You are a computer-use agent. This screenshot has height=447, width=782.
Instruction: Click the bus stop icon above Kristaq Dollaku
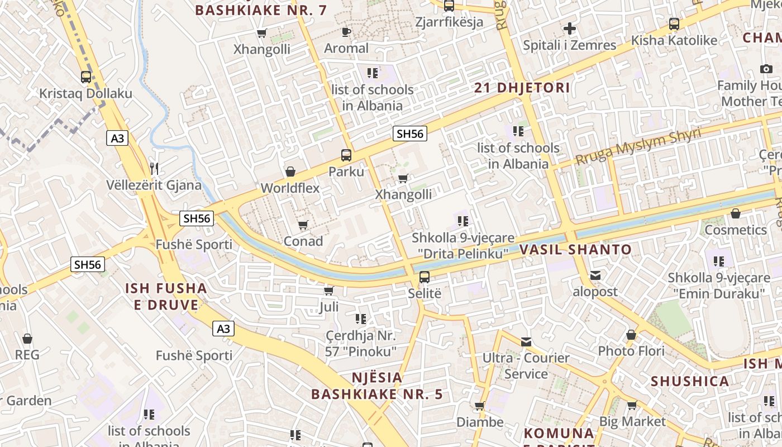pos(85,77)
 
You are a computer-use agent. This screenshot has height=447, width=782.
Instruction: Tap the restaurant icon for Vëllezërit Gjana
pos(154,168)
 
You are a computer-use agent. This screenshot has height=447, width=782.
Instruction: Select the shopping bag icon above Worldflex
pos(290,172)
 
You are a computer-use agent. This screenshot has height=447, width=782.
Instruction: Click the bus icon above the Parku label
pos(346,155)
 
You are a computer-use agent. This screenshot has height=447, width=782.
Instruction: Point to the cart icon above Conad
pos(303,225)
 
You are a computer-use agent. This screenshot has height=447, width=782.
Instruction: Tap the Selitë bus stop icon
pos(425,277)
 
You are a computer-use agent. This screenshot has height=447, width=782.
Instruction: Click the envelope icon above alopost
pos(595,275)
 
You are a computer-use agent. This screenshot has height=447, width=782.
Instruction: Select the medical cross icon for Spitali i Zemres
pos(569,28)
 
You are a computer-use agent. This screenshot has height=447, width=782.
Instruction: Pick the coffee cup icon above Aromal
pos(346,32)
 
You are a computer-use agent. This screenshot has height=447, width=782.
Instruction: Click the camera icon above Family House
pos(766,69)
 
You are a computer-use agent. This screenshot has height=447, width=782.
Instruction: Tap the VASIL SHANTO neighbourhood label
pos(575,250)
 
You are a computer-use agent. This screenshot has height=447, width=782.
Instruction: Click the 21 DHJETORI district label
pos(522,88)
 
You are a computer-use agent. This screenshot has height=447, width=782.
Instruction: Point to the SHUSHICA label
pos(690,382)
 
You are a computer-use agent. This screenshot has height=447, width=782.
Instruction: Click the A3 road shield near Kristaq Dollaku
pos(117,138)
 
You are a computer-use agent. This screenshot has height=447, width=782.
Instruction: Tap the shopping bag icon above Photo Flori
pos(631,335)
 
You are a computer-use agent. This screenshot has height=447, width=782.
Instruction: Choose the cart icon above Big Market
pos(632,405)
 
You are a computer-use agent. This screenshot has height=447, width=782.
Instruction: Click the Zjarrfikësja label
pos(449,22)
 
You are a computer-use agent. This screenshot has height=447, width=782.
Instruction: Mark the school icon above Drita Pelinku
pos(462,221)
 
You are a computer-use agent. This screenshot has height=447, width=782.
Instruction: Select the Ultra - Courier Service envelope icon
pos(526,341)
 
